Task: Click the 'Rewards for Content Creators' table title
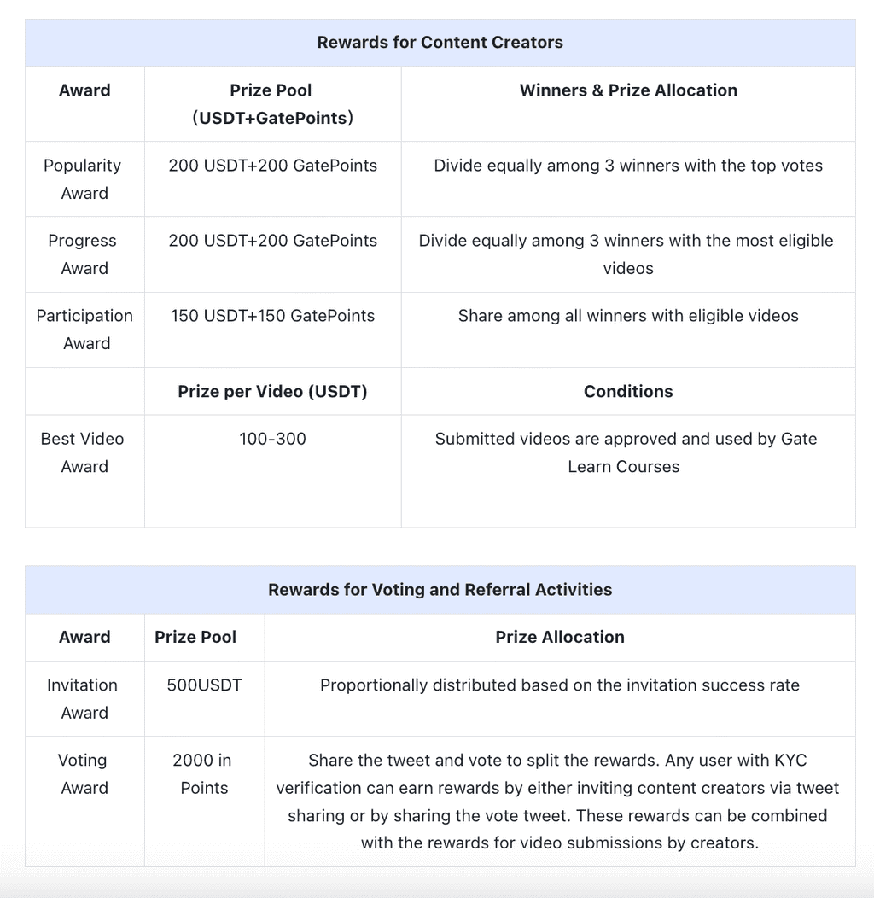[440, 43]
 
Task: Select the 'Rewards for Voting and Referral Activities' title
[440, 590]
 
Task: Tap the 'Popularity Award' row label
[84, 179]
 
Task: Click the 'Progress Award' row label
[84, 254]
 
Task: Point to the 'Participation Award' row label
[84, 329]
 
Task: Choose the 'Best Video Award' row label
[83, 452]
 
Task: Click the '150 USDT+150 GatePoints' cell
[272, 316]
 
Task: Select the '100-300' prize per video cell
[272, 439]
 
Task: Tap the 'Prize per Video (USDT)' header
[272, 392]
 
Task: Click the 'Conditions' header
[628, 392]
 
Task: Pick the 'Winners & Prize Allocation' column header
[628, 90]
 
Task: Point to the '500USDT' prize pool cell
[204, 685]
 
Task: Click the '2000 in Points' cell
[203, 774]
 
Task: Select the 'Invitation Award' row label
[83, 699]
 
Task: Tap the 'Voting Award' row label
[83, 774]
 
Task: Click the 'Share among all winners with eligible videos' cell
[628, 316]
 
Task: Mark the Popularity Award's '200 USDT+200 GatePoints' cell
[272, 166]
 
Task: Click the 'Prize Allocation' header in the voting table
[560, 638]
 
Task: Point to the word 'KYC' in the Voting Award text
[790, 761]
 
